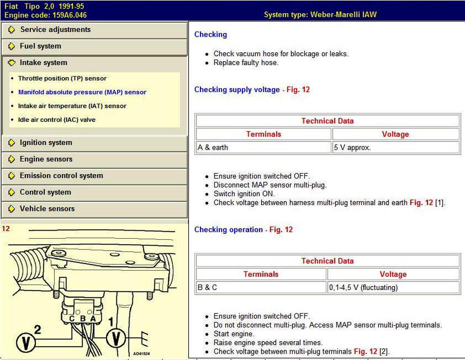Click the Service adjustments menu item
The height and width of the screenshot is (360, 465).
(x=55, y=30)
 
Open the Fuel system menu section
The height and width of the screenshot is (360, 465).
(x=40, y=46)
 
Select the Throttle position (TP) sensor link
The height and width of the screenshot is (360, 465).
(x=62, y=78)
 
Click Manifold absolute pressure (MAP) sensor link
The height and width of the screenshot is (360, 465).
(x=82, y=92)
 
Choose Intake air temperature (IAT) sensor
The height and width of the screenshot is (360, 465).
(x=72, y=106)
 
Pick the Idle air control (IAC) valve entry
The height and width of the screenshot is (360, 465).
(x=57, y=120)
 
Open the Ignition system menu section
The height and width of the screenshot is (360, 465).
(x=46, y=143)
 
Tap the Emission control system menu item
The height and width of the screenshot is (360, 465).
(x=61, y=176)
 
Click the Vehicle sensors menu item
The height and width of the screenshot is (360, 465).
(x=47, y=209)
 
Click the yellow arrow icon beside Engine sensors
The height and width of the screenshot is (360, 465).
(x=12, y=159)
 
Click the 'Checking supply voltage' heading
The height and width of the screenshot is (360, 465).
(x=237, y=90)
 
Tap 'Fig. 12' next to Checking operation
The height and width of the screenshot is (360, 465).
(x=281, y=230)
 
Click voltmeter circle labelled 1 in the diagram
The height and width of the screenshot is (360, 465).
(x=116, y=338)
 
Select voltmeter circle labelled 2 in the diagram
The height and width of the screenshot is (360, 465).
(x=26, y=343)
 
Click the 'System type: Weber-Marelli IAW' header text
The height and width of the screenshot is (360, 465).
(x=320, y=15)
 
